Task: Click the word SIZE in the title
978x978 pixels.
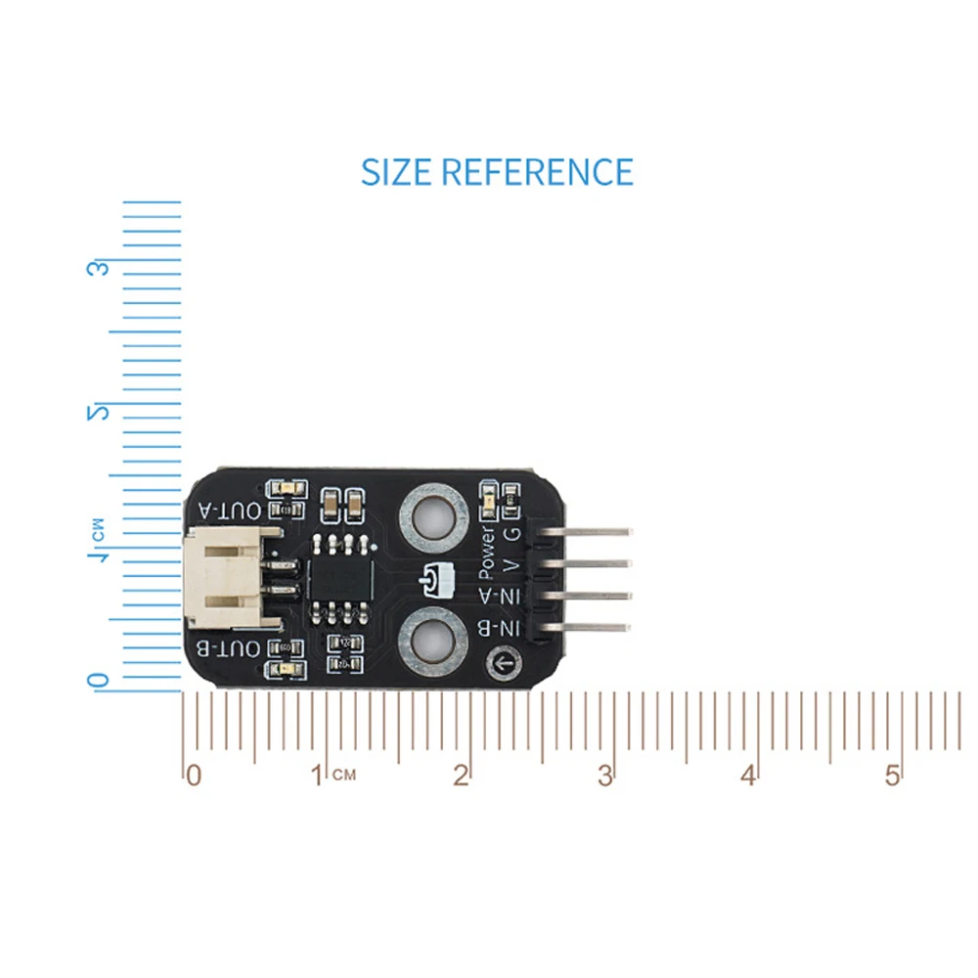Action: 396,172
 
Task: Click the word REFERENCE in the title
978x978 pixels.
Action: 537,172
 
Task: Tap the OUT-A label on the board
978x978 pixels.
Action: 231,511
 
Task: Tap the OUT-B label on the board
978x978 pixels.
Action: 231,649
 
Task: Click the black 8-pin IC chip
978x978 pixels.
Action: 338,578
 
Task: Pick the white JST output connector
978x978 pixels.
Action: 223,579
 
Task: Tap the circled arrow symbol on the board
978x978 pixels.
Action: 506,665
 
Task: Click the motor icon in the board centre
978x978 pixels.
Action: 432,582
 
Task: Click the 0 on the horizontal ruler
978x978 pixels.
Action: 194,776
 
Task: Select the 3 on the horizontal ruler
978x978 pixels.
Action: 605,776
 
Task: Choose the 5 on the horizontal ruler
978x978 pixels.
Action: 892,776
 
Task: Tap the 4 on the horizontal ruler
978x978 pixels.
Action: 748,776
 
